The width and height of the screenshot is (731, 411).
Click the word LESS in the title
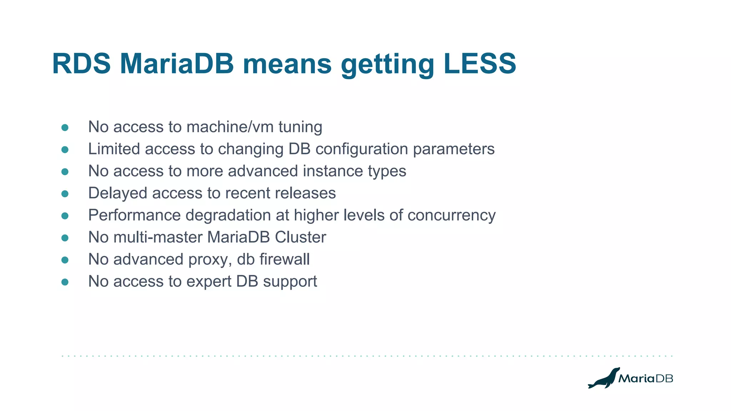click(480, 64)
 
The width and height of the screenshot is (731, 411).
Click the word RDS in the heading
click(81, 64)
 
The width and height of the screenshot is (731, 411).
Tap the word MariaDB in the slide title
click(177, 64)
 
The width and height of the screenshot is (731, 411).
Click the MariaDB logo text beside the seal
click(645, 379)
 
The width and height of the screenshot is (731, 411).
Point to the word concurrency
click(451, 215)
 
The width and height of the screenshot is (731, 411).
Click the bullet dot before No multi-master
click(65, 238)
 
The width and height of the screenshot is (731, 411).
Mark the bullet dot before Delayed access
click(65, 194)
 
